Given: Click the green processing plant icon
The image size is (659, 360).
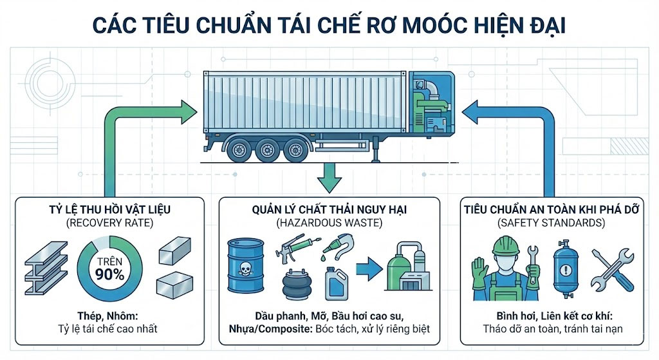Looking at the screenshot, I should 406,268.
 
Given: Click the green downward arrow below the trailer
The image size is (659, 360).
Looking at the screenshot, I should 329,176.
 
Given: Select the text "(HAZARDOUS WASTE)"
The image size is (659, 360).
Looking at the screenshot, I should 329,223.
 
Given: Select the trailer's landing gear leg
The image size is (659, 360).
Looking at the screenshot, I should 373,149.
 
